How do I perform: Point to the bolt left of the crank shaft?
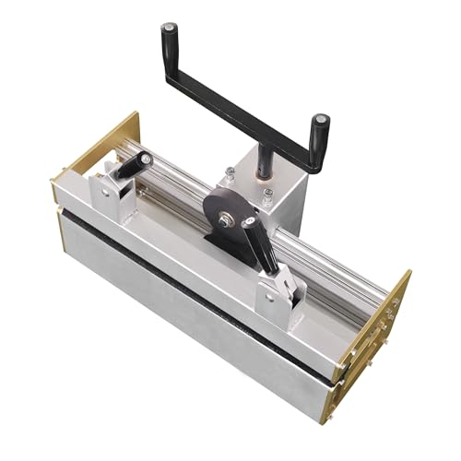(x=230, y=172)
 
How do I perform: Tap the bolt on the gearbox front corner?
(x=267, y=195)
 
